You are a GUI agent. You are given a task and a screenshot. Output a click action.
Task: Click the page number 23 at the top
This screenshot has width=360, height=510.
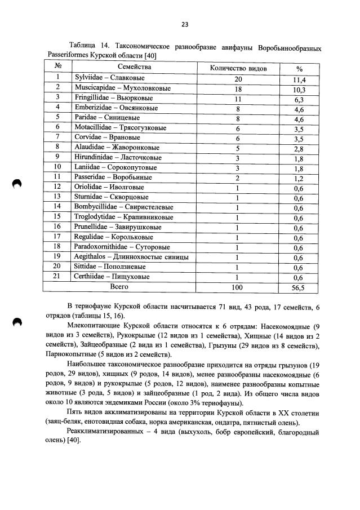point(184,24)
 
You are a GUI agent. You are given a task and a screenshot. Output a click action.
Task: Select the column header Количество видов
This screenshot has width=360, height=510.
point(238,68)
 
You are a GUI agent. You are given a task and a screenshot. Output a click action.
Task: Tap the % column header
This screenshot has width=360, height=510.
point(299,69)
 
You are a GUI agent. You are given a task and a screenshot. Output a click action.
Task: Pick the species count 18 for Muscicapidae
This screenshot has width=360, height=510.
point(238,88)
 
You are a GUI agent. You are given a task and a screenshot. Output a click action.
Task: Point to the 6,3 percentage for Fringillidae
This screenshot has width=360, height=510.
point(299,99)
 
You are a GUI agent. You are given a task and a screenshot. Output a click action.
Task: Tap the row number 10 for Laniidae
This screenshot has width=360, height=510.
point(57,167)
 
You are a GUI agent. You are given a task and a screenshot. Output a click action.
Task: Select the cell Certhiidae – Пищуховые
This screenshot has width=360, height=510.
point(112,277)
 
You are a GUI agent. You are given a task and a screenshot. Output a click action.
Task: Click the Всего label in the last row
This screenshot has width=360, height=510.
point(119,287)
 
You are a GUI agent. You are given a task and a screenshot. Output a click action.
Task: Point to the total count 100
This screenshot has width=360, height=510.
point(238,287)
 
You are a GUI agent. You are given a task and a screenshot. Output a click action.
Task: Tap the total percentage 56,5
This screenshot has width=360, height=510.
point(299,287)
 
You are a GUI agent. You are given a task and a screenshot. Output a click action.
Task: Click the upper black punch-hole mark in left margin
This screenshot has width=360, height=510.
point(17,184)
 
